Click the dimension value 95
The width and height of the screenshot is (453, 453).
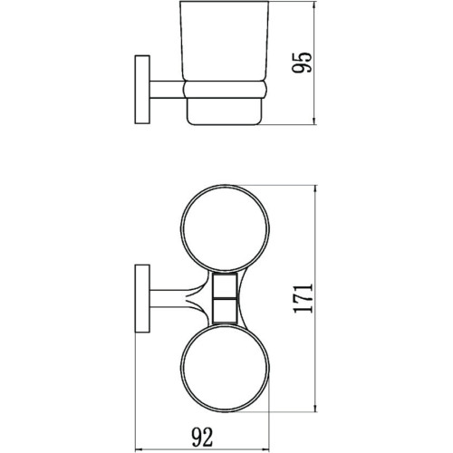point(305,62)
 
